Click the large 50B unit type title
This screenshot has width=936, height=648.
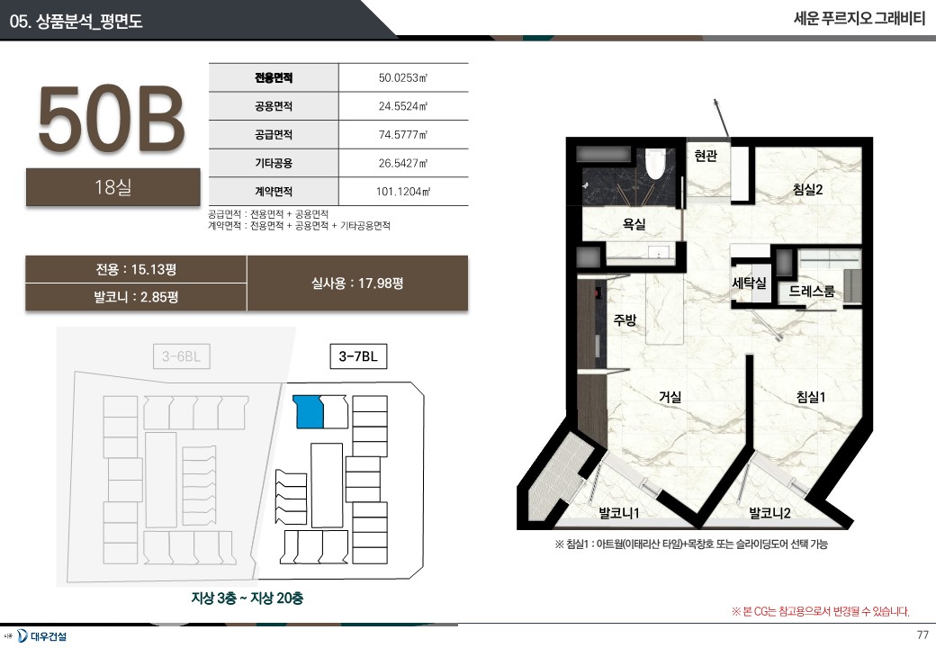coord(112,118)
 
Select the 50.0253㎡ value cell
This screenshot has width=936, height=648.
coord(403,77)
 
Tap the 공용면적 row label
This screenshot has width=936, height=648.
coord(274,106)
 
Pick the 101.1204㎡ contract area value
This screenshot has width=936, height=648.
coord(403,192)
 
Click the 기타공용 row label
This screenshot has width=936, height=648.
coord(274,163)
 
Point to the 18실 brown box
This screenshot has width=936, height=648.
coord(112,187)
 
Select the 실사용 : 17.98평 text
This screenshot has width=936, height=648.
coord(357,283)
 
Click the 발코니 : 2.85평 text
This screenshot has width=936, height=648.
coord(136,297)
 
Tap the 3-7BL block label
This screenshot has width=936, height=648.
coord(358,356)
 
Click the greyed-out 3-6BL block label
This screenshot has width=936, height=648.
coord(182,356)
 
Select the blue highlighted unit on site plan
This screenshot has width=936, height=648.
coord(310,411)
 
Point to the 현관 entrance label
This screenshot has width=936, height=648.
coord(706,156)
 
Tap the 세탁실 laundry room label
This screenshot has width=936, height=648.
coord(749,283)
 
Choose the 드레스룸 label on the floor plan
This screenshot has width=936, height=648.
coord(812,292)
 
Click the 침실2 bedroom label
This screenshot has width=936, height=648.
coord(808,189)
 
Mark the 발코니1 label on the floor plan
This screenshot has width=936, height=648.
coord(619,513)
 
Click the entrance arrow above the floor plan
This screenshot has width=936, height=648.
coord(721,118)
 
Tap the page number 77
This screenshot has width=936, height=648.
coord(922,634)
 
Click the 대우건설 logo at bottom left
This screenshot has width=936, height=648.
coord(41,635)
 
